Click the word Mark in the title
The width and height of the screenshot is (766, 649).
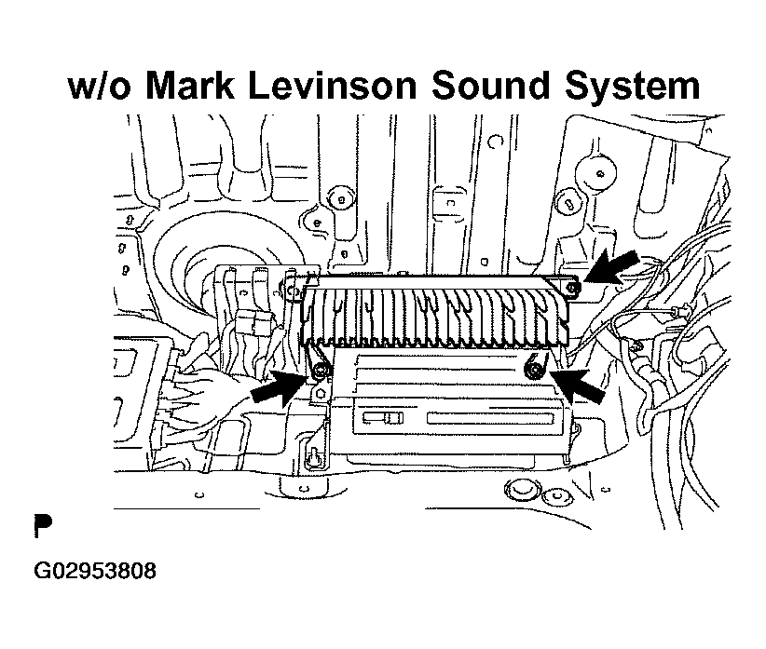[x=190, y=86]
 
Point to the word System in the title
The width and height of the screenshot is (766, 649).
[x=633, y=87]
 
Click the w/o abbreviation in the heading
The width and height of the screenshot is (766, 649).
[x=100, y=87]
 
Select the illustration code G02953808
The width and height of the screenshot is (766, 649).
[x=95, y=571]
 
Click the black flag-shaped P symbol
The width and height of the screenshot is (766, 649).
[x=43, y=525]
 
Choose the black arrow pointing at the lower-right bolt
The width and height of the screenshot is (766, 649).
[x=578, y=385]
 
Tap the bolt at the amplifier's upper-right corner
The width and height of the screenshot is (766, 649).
[x=573, y=289]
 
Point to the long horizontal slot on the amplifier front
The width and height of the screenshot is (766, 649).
[x=490, y=418]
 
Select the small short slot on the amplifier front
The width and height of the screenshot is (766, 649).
[x=384, y=418]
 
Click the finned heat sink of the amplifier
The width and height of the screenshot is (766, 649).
[x=435, y=312]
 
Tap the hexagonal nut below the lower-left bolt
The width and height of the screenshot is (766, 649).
[x=321, y=393]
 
